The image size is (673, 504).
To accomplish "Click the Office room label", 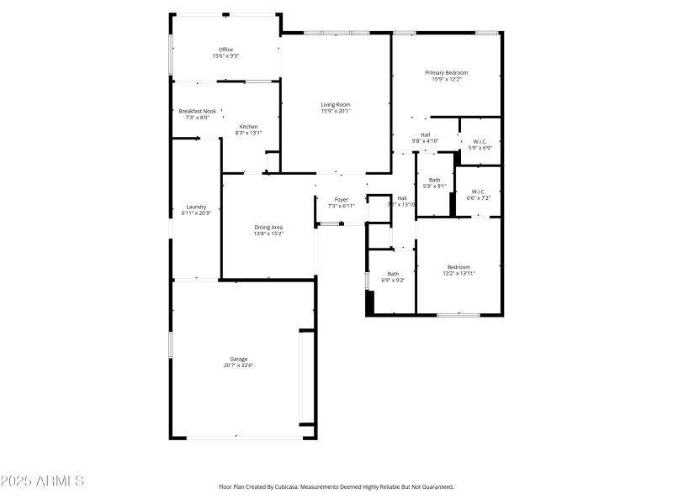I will tap(225, 50).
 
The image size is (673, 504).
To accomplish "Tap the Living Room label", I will tap(336, 105).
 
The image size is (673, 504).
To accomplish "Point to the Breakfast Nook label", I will tap(197, 112).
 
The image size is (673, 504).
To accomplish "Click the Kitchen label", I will tap(248, 127).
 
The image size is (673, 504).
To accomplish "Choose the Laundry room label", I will tap(196, 207).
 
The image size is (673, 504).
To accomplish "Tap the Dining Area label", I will tap(269, 227).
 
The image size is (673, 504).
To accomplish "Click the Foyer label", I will tap(342, 199).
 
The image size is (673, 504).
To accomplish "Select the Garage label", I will tap(239, 359).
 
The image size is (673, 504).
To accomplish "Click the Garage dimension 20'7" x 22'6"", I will tap(239, 365).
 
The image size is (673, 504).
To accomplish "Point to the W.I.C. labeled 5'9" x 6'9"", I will tap(480, 142).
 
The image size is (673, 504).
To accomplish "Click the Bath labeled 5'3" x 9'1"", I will tap(435, 180).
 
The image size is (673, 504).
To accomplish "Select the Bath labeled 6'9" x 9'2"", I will tap(393, 274).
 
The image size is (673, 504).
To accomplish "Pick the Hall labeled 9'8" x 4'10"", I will tap(426, 134).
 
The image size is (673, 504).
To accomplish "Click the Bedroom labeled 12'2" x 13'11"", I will tap(458, 267).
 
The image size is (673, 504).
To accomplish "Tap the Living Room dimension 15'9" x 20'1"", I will tap(336, 111).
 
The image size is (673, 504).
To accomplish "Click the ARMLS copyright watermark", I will tap(42, 481).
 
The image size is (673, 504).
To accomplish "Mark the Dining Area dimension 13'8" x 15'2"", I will tap(269, 234).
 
